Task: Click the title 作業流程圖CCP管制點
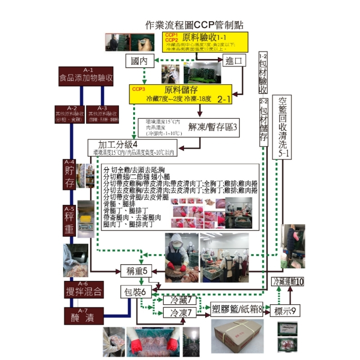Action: point(194,25)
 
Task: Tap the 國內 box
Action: point(140,61)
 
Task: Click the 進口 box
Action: point(234,61)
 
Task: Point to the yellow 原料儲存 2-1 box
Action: point(180,94)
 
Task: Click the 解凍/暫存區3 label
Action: point(212,127)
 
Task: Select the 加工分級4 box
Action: point(134,148)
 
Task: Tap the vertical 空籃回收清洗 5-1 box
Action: point(283,127)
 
